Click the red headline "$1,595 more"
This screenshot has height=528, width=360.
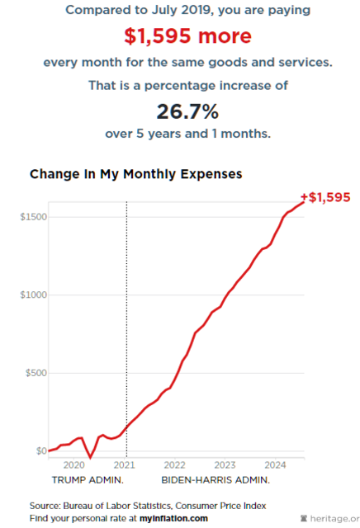[187, 36]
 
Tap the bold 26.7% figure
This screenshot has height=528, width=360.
[187, 111]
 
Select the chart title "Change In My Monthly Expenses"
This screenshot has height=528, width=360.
[136, 174]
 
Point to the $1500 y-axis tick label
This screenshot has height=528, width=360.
[33, 217]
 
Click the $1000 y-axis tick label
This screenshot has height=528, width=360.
[33, 295]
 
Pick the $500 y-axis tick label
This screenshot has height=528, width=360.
[36, 373]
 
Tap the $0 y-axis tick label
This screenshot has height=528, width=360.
[41, 451]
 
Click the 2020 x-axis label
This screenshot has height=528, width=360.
[73, 465]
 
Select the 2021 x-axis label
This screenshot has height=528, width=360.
[124, 465]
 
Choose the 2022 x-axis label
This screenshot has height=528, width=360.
[174, 465]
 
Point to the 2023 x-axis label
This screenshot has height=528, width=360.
[225, 465]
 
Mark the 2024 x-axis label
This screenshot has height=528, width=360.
[275, 465]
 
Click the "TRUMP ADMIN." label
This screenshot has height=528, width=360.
[88, 480]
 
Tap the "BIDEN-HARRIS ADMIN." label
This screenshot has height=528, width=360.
[216, 480]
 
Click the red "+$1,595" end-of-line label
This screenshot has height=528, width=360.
[325, 197]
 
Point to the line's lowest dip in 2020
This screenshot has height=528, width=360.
[90, 457]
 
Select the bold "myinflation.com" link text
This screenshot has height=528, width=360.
[173, 518]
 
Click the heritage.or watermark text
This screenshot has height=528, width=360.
[334, 519]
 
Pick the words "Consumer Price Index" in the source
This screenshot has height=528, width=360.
[220, 506]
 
